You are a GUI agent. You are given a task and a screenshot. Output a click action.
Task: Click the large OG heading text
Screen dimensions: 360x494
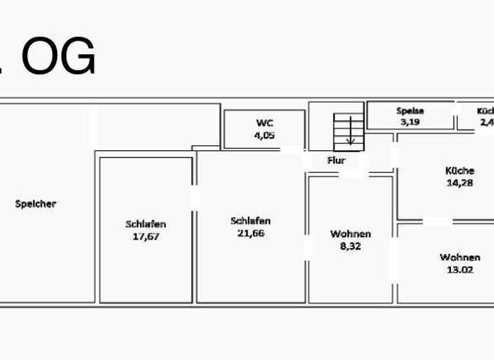[x=57, y=57]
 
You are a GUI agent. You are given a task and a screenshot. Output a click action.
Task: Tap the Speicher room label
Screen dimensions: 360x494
[x=36, y=204]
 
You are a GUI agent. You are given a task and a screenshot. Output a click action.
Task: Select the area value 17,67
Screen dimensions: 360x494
[x=145, y=236]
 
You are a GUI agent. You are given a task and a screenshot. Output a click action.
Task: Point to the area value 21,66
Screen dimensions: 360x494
[x=250, y=233]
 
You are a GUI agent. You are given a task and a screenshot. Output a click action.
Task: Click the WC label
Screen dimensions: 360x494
[x=264, y=123]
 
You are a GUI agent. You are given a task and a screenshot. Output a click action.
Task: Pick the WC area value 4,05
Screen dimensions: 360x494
[x=264, y=135]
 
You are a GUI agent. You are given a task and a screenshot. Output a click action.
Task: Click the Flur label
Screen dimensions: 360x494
[x=336, y=160]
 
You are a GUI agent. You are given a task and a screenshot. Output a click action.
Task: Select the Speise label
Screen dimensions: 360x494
[x=410, y=111]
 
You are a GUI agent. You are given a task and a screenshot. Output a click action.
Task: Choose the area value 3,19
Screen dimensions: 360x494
[x=410, y=121]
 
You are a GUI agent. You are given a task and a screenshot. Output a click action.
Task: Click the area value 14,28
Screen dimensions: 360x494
[x=460, y=183]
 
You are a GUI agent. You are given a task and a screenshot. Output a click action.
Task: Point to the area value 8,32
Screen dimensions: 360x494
[x=351, y=246]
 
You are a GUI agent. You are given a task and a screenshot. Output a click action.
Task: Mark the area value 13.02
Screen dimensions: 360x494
[x=460, y=269]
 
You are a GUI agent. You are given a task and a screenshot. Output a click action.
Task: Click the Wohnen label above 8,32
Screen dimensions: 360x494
[x=351, y=234]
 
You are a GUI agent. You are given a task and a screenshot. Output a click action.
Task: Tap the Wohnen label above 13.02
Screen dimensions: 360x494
[x=460, y=258]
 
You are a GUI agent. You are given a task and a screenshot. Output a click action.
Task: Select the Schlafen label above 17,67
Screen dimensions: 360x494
[x=145, y=224]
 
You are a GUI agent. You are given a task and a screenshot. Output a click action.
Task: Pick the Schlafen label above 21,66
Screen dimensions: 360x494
[x=250, y=221]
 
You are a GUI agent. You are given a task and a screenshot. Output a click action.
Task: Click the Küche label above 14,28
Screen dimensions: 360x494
[x=460, y=171]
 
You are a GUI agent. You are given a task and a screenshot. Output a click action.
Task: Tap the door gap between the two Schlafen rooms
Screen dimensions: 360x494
[x=195, y=197]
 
